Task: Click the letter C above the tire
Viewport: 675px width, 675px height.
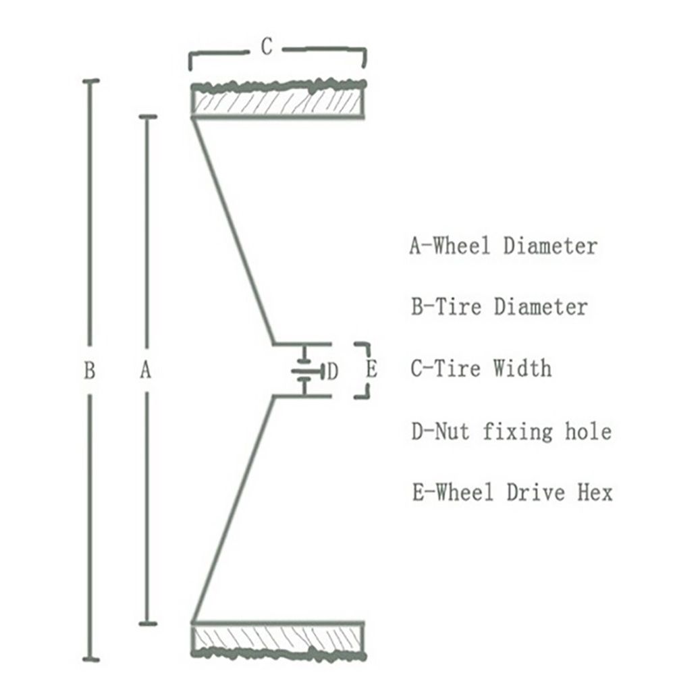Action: point(267,48)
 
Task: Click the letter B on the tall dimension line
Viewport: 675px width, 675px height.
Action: point(89,370)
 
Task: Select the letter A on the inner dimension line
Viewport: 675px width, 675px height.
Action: point(145,370)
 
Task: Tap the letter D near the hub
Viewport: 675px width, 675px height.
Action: point(331,371)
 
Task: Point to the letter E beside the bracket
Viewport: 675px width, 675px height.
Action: point(371,370)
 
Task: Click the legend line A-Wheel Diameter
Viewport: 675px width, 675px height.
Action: point(503,245)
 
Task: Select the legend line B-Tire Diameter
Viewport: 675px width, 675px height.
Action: point(499,307)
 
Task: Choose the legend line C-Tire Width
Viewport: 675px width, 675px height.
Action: point(481,369)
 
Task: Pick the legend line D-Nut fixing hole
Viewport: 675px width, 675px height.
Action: point(511,431)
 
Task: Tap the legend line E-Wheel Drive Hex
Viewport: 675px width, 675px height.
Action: point(512,492)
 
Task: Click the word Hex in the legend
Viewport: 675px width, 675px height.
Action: point(593,492)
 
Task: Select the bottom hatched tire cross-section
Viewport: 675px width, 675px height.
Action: point(279,639)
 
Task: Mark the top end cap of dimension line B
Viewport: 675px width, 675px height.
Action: point(90,81)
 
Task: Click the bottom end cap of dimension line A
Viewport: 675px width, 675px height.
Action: point(147,623)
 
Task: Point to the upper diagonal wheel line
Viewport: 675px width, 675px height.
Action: point(233,230)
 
